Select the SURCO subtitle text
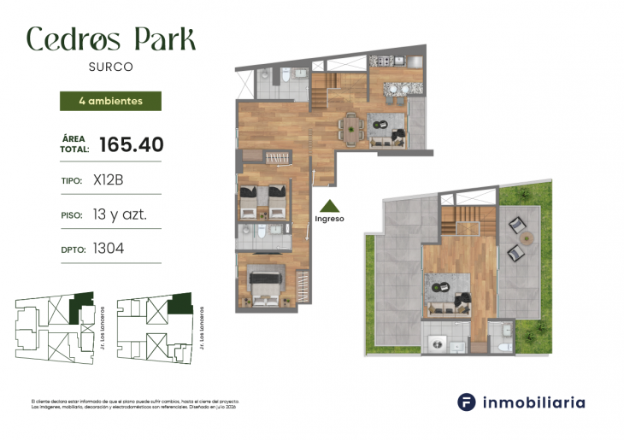tap(110, 66)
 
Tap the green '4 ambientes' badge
tap(109, 101)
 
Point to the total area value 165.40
tap(131, 144)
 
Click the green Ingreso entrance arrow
tap(329, 205)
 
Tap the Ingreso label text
tap(329, 219)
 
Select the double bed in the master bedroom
tap(266, 281)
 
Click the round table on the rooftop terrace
tap(527, 238)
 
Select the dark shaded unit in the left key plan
tap(81, 302)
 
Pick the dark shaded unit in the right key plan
tap(180, 303)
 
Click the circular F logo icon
tap(466, 402)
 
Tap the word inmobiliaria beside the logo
tap(534, 402)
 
